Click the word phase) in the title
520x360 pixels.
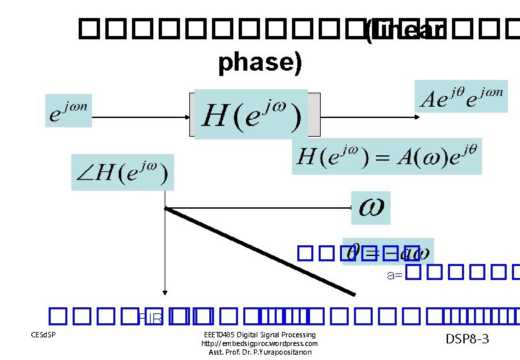260,62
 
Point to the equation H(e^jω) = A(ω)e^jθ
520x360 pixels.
387,157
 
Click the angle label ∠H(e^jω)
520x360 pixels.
123,173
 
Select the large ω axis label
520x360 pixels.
371,207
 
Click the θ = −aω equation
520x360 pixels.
388,252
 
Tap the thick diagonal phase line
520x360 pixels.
260,251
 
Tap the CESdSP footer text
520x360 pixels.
43,335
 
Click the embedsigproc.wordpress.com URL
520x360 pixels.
259,343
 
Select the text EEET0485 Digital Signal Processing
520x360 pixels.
259,335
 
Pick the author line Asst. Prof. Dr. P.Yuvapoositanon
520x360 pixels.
259,352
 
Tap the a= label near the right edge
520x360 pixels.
394,274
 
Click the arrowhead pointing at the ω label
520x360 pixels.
353,207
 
